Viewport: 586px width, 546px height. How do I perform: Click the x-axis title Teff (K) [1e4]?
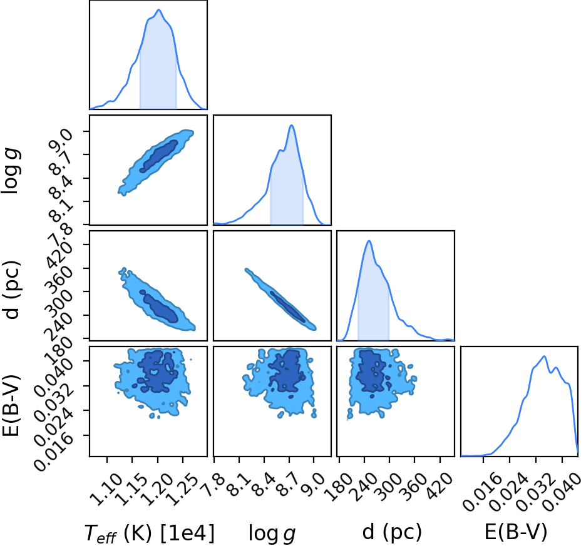click(x=150, y=533)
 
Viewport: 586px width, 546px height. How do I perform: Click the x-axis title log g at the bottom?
click(x=272, y=533)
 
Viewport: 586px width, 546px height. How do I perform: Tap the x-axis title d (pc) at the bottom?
click(x=392, y=532)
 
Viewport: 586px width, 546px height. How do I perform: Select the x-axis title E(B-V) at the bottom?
click(x=516, y=532)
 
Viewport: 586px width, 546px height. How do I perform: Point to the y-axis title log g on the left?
click(x=11, y=170)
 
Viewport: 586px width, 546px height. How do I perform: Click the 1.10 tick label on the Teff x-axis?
click(x=107, y=489)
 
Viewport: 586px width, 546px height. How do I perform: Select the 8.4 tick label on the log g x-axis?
click(x=264, y=485)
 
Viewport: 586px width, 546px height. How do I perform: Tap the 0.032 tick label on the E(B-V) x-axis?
click(x=535, y=492)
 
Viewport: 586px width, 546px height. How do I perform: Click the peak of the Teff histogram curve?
click(x=159, y=10)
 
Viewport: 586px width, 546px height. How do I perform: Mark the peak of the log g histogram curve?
click(x=292, y=125)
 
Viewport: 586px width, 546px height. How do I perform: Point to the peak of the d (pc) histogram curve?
click(x=369, y=241)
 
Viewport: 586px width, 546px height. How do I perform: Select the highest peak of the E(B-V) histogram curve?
click(x=545, y=356)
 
